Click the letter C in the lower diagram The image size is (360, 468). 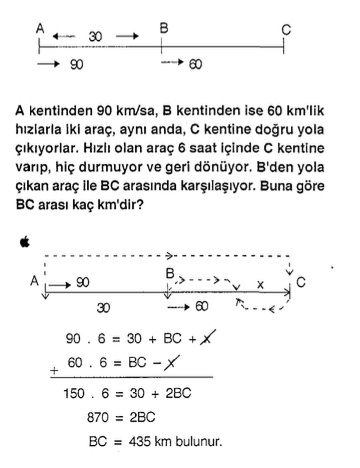pyautogui.click(x=301, y=284)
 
